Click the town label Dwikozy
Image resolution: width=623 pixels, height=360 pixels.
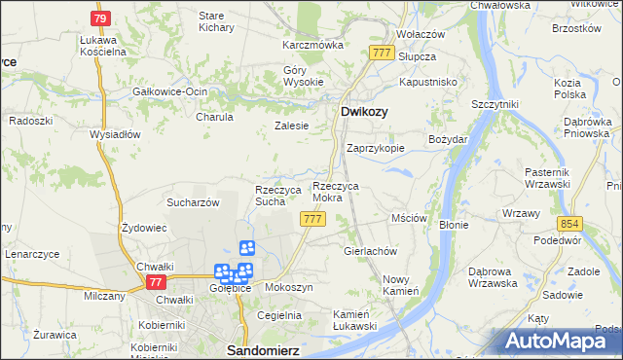[x=364, y=112]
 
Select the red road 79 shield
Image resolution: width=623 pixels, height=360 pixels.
[x=99, y=18]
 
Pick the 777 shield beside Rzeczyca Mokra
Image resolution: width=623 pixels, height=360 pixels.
[x=312, y=219]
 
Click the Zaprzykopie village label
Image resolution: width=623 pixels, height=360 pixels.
[x=376, y=148]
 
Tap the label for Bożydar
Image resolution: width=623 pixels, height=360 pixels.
[x=449, y=139]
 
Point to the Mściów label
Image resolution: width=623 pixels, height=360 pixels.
[x=409, y=219]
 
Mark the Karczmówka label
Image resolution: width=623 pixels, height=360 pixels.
[x=313, y=45]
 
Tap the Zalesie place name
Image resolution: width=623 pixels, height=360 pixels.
[x=291, y=126]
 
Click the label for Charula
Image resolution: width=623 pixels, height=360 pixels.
[x=215, y=117]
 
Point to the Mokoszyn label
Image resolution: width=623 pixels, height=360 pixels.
[x=287, y=288]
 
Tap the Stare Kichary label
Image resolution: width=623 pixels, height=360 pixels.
[x=211, y=22]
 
